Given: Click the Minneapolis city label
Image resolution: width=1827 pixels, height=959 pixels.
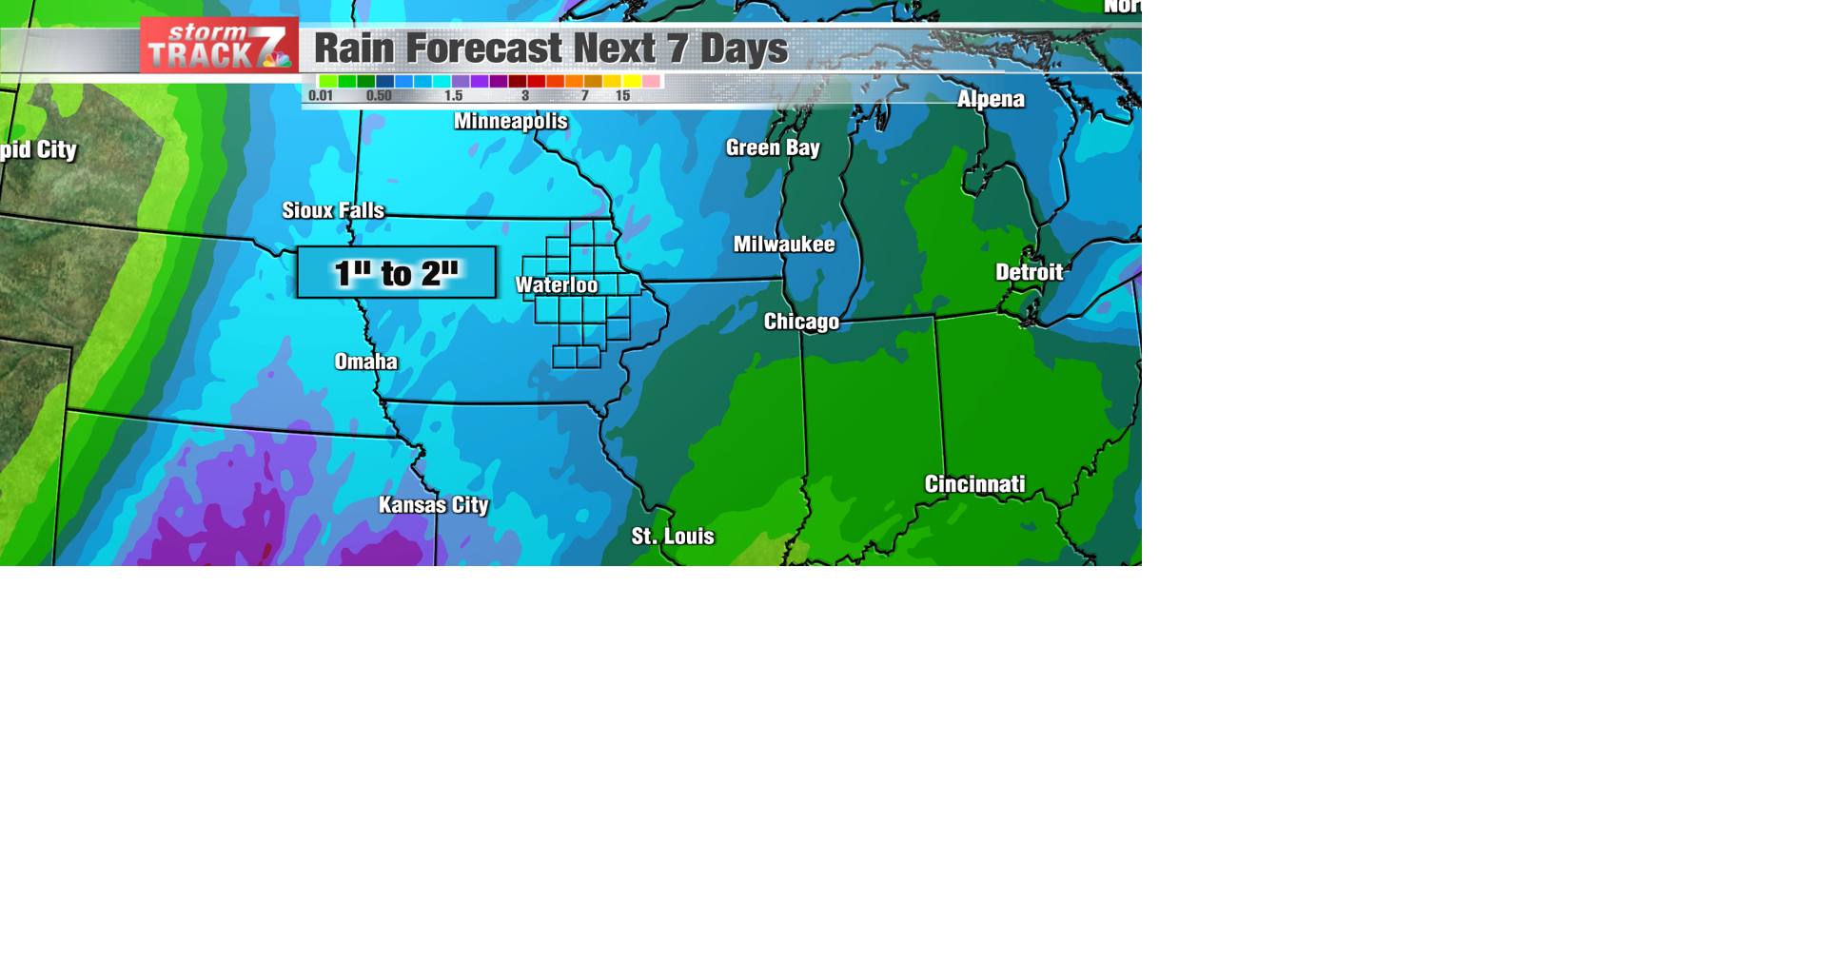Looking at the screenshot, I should (x=511, y=122).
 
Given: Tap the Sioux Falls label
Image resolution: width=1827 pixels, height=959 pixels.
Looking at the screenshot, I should (x=333, y=210).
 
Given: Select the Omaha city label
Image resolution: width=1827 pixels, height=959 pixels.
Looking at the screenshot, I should (x=366, y=362).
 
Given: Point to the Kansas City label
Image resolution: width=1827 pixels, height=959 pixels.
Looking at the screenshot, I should (x=434, y=505).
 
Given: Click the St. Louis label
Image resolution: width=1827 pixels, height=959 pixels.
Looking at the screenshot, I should (x=673, y=537).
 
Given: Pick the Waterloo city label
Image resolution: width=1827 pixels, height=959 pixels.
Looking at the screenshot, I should (x=557, y=285).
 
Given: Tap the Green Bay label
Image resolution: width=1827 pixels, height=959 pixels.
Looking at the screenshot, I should (x=773, y=147).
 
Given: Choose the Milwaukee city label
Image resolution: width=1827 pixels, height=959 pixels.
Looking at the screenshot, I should (x=784, y=245).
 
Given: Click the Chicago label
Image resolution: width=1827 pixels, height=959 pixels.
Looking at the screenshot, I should (x=801, y=322).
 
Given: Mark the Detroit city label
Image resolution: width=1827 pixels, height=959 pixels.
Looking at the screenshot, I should (x=1029, y=273).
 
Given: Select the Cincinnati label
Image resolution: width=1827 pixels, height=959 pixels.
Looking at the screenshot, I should (x=975, y=484).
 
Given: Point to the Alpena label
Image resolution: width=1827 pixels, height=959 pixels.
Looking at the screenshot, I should (x=991, y=100).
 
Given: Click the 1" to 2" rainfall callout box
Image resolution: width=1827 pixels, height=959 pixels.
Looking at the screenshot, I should (x=397, y=273).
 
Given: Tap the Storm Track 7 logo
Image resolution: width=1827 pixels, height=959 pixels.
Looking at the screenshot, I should (x=219, y=46).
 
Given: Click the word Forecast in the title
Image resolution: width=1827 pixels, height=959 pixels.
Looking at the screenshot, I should (x=484, y=49).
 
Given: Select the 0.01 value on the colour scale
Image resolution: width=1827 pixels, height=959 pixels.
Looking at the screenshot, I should (x=321, y=96).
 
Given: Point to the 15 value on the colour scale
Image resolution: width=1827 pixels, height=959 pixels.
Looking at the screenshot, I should (x=622, y=96).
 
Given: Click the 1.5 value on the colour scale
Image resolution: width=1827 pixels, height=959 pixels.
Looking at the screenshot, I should (x=454, y=96).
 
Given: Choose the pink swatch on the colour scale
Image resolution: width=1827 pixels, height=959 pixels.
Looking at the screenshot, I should (x=651, y=82).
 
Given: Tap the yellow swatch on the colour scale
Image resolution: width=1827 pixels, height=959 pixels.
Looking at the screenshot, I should (x=632, y=82).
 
